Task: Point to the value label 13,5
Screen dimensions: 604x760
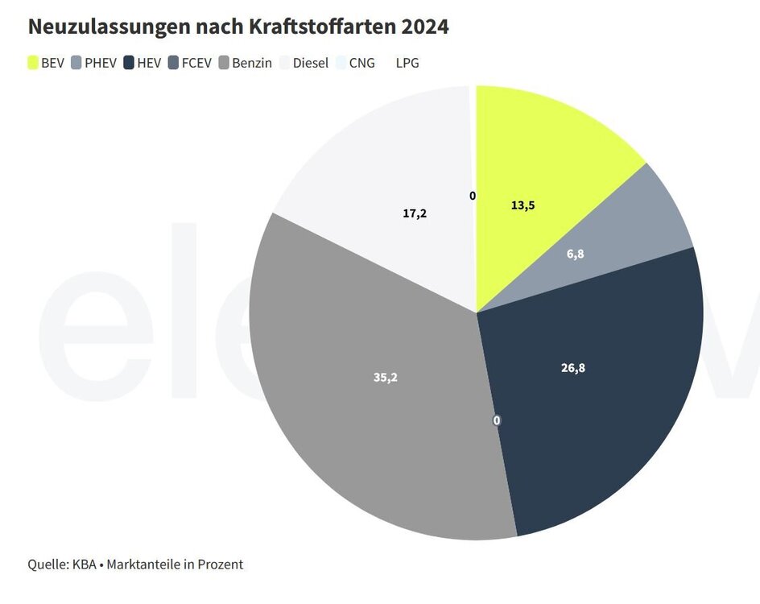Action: click(x=522, y=205)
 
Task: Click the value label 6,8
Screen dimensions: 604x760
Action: click(x=575, y=254)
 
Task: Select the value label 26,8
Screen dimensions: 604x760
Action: click(x=572, y=368)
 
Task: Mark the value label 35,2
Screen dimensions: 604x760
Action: click(x=386, y=376)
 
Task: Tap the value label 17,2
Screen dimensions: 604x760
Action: click(x=415, y=213)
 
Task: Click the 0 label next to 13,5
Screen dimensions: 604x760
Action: click(x=473, y=196)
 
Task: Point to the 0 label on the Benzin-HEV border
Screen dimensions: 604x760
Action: click(x=497, y=420)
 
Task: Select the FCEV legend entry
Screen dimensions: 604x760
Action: click(x=189, y=63)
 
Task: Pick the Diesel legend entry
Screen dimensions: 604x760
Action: click(x=304, y=63)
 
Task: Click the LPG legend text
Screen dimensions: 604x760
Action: click(x=407, y=63)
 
